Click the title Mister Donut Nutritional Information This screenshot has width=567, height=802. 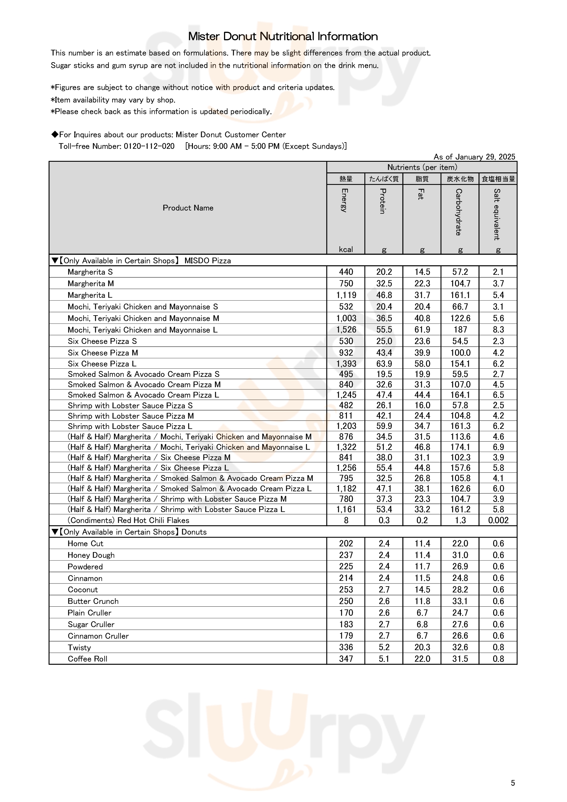283,36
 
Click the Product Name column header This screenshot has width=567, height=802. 188,208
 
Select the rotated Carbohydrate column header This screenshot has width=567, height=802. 459,212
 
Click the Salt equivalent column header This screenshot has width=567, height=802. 497,214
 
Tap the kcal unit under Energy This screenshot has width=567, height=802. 345,249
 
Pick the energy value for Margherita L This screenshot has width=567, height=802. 346,295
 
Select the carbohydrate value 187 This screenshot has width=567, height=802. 460,330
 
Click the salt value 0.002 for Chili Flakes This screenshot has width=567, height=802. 498,520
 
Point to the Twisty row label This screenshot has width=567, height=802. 79,648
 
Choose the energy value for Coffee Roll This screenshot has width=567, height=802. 346,659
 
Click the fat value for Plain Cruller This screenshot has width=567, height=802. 422,613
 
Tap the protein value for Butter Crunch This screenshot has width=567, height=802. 384,601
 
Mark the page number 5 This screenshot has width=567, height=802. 512,783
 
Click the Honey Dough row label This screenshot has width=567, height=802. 91,555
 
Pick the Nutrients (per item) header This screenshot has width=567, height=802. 422,167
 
